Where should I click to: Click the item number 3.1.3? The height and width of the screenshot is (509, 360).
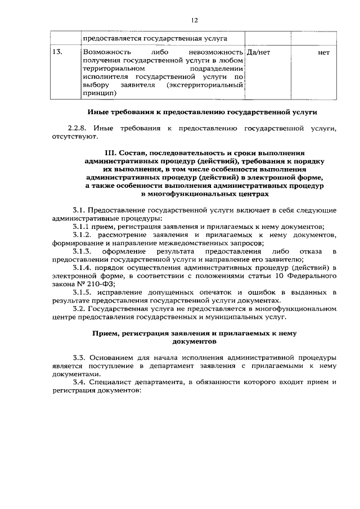pyautogui.click(x=83, y=251)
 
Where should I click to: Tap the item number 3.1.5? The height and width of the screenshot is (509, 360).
pyautogui.click(x=83, y=293)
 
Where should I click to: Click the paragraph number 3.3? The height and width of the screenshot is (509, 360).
pyautogui.click(x=80, y=357)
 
